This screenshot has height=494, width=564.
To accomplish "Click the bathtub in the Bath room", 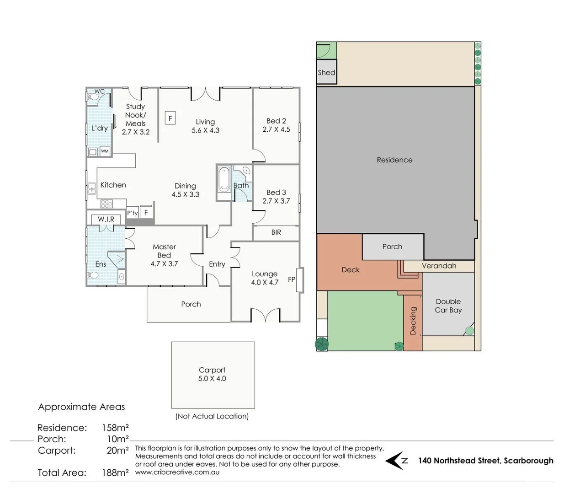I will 224,180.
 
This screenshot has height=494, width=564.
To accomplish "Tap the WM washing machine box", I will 105,151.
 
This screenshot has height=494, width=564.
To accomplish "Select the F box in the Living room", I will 170,118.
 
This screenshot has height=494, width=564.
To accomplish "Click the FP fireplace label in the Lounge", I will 291,279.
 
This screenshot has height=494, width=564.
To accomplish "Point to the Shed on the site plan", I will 326,72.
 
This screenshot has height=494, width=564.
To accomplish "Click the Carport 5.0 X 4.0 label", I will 212,374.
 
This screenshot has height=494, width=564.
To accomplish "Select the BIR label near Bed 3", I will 276,232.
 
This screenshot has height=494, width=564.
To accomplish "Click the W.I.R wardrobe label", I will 106,220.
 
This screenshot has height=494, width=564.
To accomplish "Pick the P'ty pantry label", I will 133,213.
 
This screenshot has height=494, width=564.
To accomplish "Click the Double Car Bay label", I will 448,306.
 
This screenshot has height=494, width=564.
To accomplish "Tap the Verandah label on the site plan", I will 439,266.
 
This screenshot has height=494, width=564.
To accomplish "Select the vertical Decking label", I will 413,321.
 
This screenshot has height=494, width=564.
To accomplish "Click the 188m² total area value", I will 115,473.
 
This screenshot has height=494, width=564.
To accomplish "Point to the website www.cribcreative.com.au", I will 177,472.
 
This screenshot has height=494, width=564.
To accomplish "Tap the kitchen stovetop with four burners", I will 106,204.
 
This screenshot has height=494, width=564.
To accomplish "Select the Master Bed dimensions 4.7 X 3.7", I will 164,264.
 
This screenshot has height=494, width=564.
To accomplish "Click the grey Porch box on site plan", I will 393,247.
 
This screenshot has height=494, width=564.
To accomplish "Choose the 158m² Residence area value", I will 115,428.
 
